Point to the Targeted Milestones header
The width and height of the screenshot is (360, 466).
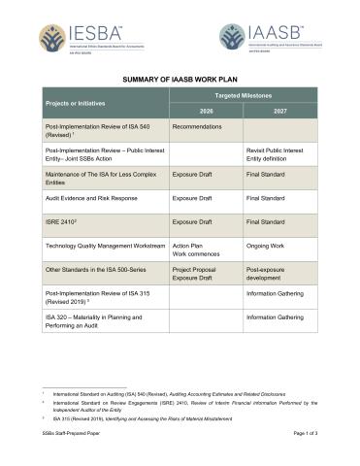pos(242,95)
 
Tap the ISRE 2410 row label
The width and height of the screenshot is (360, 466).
pos(65,223)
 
